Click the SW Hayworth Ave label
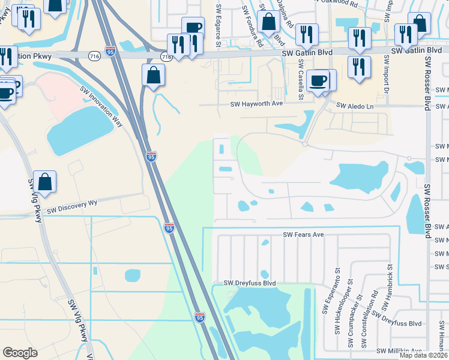tap(256, 103)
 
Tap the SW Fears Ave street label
tap(304, 235)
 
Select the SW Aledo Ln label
tap(355, 106)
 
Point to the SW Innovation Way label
tap(101, 106)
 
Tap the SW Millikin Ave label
tap(400, 351)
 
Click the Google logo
tap(20, 353)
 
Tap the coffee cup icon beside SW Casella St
tap(317, 80)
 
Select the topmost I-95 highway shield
tap(110, 52)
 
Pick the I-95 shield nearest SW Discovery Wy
tap(169, 228)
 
